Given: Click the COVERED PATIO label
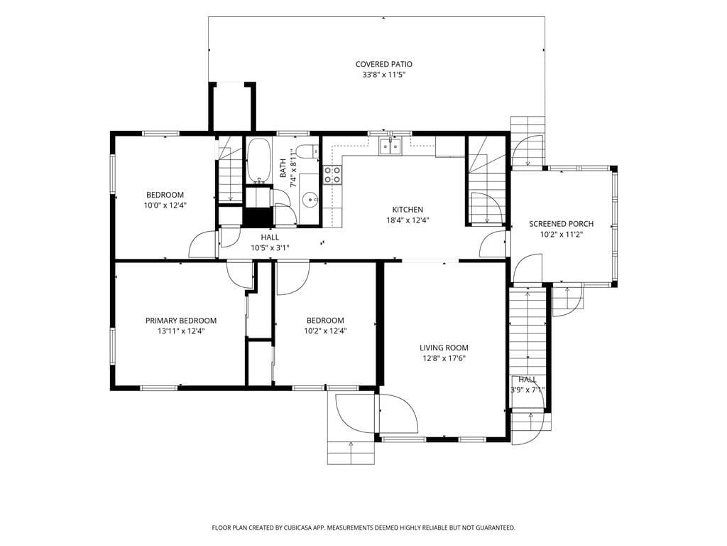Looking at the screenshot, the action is (383, 64).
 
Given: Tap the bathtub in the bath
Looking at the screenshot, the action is (258, 161).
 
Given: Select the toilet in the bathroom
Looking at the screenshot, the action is (307, 151).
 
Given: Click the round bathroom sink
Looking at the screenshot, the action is (310, 200).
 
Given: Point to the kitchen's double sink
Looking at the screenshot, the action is (390, 146).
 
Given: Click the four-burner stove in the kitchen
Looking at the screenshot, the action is (332, 175).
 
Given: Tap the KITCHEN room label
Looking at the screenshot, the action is (408, 210).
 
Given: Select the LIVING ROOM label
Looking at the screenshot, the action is (444, 347).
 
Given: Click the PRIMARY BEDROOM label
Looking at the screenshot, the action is (181, 321).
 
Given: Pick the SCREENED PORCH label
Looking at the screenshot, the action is (561, 224).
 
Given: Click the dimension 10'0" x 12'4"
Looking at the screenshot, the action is (165, 205).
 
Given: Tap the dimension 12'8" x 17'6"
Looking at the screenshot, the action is (444, 358).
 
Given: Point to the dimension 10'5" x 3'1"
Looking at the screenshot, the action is (270, 248).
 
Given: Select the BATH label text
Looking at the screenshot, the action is (283, 168).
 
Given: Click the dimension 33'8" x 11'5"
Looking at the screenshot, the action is (383, 75).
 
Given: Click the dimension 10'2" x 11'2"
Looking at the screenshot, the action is (561, 235).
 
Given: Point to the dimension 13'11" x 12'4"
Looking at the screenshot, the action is (181, 331).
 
